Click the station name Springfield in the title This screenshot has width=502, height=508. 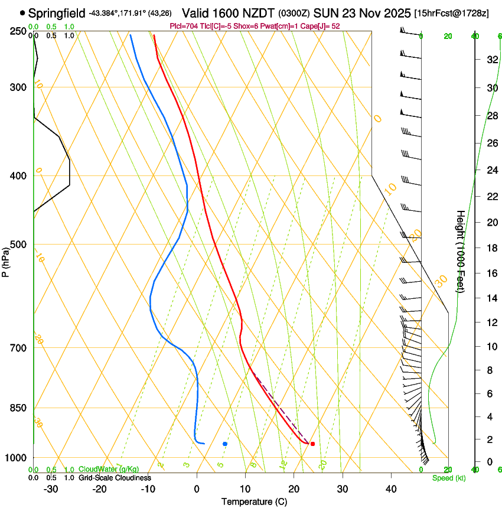pos(57,13)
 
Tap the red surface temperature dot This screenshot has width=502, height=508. pos(312,444)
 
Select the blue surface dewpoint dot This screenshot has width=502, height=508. pos(225,444)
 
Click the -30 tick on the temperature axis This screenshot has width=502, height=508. pos(51,489)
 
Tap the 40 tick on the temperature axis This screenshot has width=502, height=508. pos(391,489)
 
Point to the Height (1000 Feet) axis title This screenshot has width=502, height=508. pos(460,251)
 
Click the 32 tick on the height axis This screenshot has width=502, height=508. pos(491,60)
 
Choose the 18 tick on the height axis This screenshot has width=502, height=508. pos(491,248)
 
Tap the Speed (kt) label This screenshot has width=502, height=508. pos(448,478)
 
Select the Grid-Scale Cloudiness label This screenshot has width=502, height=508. pos(115,478)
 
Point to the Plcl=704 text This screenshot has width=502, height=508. pos(182,26)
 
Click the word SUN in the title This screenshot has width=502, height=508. pos(324,13)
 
